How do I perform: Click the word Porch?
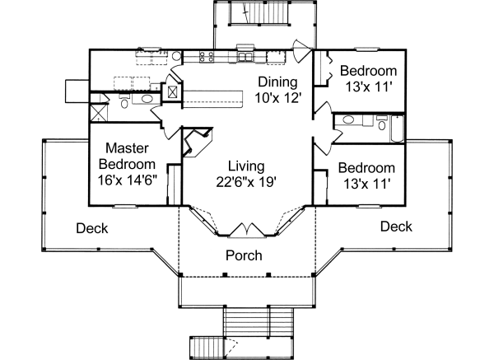(x=244, y=255)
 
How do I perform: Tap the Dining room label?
(x=277, y=82)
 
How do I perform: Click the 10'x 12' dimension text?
(x=280, y=96)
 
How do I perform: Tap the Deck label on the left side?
(x=92, y=228)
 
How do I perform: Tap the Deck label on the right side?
(x=396, y=227)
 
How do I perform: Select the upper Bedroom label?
(x=368, y=71)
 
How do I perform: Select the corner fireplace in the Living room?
(x=195, y=143)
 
